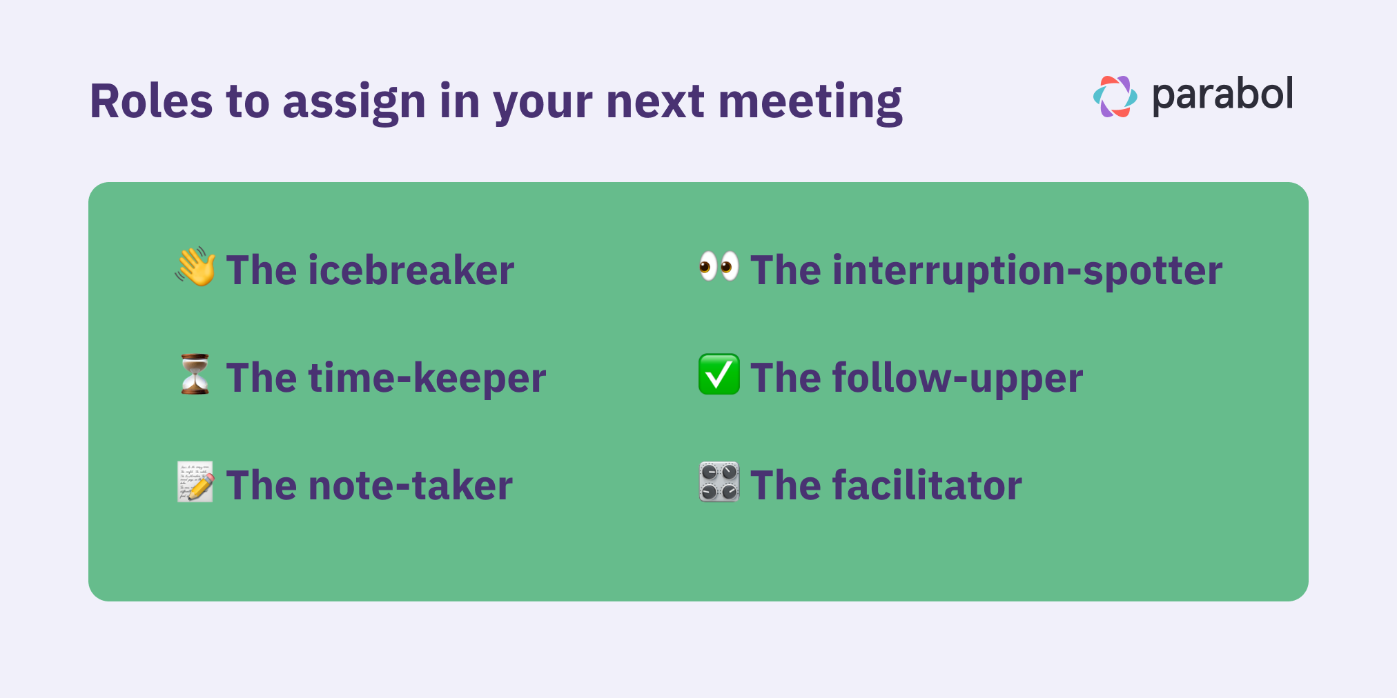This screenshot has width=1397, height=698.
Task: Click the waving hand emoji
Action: (x=195, y=267)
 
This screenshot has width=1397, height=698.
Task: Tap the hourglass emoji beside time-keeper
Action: (x=195, y=375)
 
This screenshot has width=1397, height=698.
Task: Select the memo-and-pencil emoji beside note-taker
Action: (x=195, y=482)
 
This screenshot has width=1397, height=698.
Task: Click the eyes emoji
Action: (x=719, y=266)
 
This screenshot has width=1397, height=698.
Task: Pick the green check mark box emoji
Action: (x=719, y=375)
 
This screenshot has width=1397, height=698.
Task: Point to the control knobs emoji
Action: (x=719, y=482)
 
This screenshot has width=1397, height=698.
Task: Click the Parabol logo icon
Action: (x=1115, y=97)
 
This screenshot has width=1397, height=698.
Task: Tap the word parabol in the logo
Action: (x=1222, y=95)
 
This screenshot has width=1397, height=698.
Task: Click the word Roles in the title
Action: (x=151, y=101)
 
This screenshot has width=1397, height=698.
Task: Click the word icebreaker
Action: (x=411, y=270)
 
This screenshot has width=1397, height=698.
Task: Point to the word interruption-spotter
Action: (x=1027, y=270)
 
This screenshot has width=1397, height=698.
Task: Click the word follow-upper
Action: (x=957, y=379)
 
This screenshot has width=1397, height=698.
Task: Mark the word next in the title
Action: (x=654, y=102)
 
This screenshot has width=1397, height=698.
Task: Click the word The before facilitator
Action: (x=785, y=486)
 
